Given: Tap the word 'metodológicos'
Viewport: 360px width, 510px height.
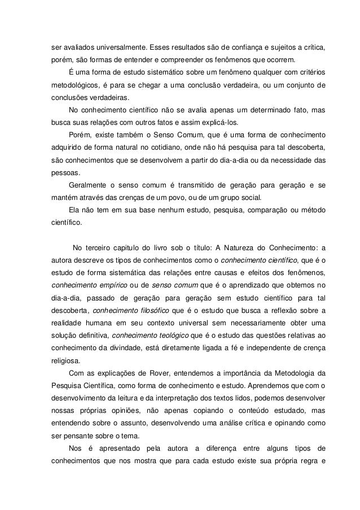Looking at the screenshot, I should [69, 86].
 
